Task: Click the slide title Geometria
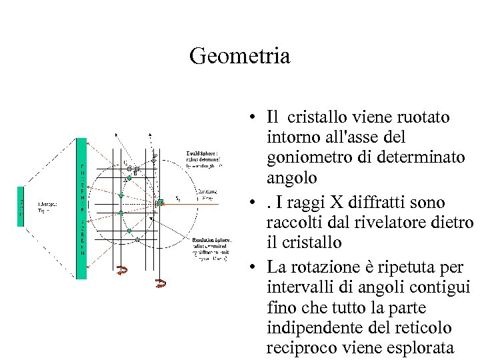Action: (x=239, y=56)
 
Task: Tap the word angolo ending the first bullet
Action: (x=291, y=179)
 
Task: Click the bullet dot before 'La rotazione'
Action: (x=255, y=267)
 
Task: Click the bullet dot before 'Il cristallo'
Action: (x=255, y=118)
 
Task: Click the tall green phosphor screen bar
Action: (x=81, y=208)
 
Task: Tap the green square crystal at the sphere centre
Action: (x=160, y=202)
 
